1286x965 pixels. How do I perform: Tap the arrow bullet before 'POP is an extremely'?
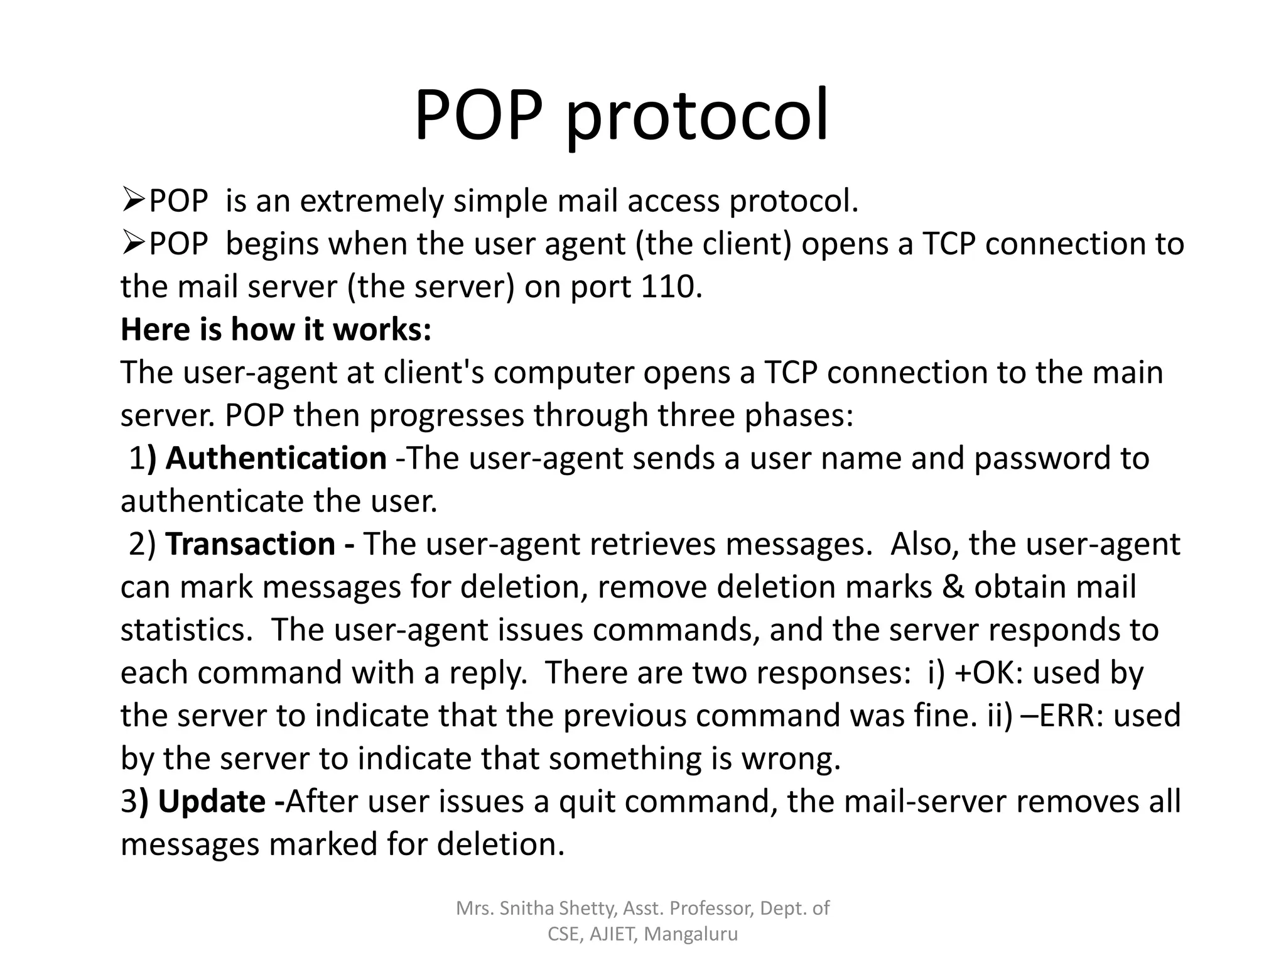point(132,200)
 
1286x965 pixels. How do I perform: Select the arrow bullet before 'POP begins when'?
point(132,243)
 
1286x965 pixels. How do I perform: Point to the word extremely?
point(371,201)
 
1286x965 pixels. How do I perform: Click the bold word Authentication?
point(276,458)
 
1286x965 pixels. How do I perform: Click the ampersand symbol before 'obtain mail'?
point(953,587)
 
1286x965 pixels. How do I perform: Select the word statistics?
point(186,630)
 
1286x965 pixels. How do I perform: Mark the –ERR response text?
point(1062,715)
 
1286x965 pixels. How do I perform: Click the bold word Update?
point(212,801)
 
